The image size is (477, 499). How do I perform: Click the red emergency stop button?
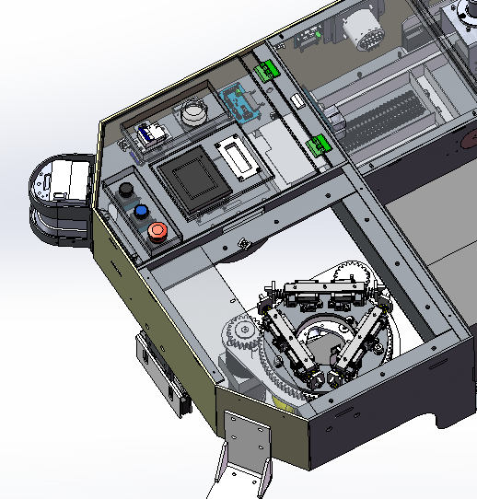157,230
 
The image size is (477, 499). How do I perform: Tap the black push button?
126,191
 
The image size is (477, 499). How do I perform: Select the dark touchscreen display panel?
194,180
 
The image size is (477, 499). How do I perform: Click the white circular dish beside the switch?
194,113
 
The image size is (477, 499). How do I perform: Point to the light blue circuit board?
241,103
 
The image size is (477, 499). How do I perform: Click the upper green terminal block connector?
268,71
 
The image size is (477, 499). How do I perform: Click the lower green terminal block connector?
320,145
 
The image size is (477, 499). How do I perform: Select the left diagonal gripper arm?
287,342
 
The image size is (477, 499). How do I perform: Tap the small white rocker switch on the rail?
297,99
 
